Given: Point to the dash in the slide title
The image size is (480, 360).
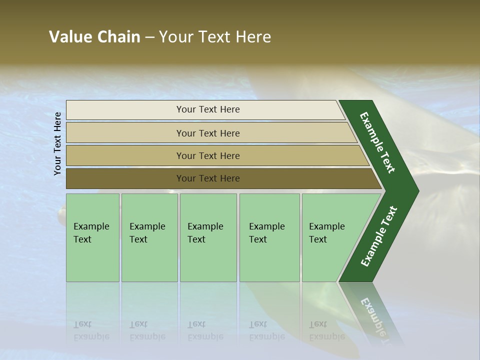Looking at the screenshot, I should (x=149, y=37).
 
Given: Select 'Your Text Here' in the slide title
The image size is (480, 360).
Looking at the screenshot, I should (x=215, y=36).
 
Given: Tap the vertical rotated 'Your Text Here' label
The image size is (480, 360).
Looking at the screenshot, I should (x=57, y=143).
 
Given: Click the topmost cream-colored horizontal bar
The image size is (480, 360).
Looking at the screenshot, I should (x=207, y=109).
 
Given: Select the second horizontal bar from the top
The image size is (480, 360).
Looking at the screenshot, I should (x=207, y=133).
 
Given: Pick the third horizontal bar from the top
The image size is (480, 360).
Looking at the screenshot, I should (x=207, y=155).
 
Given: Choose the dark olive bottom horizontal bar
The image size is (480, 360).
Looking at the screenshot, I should (x=207, y=178).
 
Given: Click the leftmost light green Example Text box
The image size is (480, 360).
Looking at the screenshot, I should (x=92, y=237).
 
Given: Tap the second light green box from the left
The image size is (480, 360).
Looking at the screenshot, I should (x=149, y=237).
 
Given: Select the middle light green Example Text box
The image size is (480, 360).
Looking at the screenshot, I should (x=208, y=237).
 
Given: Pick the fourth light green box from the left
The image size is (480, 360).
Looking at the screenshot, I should (x=269, y=237).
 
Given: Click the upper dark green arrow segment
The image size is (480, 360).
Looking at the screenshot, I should (x=379, y=142).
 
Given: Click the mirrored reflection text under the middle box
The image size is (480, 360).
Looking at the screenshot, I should (x=205, y=331).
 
